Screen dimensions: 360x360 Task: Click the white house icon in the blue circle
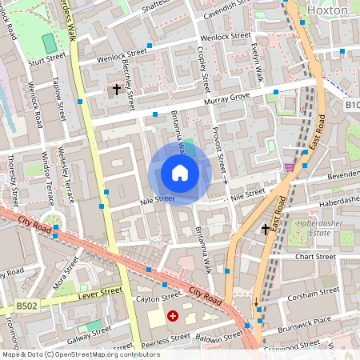tap(180, 173)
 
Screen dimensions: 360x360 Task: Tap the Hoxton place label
tap(327, 10)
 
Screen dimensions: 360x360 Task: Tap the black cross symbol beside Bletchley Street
tap(117, 90)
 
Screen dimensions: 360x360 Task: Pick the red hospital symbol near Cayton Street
tap(172, 317)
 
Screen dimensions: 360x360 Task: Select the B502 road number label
tap(26, 305)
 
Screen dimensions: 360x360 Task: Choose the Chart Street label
tap(315, 257)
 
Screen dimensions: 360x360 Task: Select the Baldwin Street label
tap(217, 338)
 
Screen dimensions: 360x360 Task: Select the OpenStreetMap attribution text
tap(80, 354)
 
